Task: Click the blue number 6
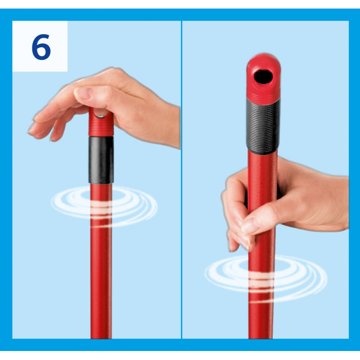[x=41, y=47]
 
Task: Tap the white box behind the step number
[x=40, y=46]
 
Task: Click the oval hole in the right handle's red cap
[x=263, y=77]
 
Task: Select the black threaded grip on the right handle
[x=263, y=126]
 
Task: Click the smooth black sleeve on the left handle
[x=101, y=160]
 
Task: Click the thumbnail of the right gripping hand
[x=250, y=225]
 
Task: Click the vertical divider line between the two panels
[x=182, y=180]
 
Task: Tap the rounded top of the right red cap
[x=263, y=59]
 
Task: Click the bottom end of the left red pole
[x=101, y=337]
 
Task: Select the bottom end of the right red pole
[x=261, y=337]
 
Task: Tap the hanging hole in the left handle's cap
[x=101, y=113]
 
